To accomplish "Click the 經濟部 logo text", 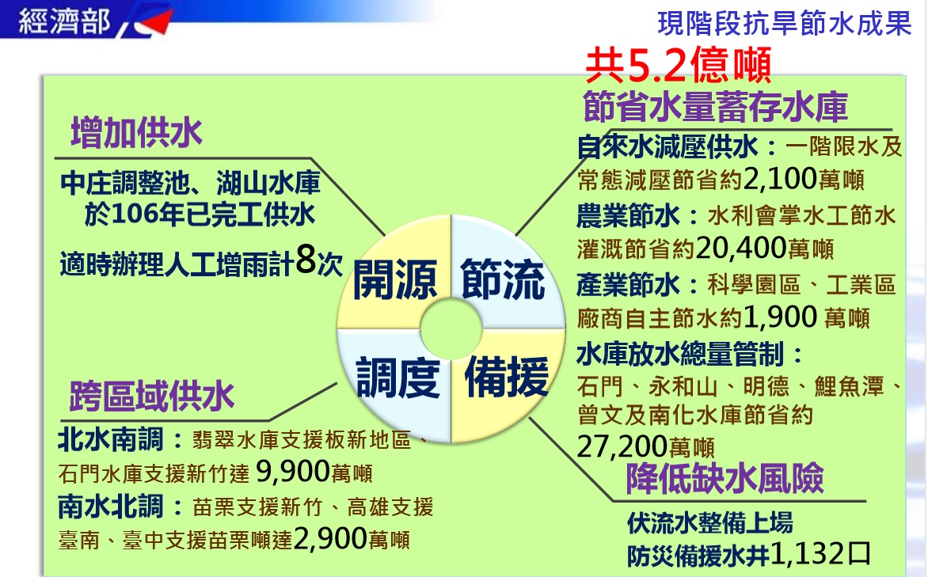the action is pyautogui.click(x=64, y=22).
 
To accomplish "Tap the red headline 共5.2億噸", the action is pyautogui.click(x=679, y=66).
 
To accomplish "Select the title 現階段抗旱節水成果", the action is pyautogui.click(x=784, y=23).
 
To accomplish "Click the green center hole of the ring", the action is pyautogui.click(x=451, y=329).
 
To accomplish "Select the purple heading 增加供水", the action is pyautogui.click(x=137, y=132).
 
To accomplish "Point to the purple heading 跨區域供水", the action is pyautogui.click(x=152, y=396).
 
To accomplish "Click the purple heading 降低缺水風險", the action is pyautogui.click(x=725, y=477).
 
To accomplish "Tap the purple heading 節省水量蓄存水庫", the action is pyautogui.click(x=715, y=107).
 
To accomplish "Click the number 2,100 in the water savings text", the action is pyautogui.click(x=780, y=177).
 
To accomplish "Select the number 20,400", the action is pyautogui.click(x=741, y=248).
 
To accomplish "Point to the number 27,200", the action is pyautogui.click(x=622, y=446).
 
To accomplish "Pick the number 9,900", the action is pyautogui.click(x=293, y=471).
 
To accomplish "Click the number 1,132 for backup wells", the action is pyautogui.click(x=808, y=554).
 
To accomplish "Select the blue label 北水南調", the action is pyautogui.click(x=111, y=440).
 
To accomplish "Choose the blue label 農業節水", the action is pyautogui.click(x=629, y=215).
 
